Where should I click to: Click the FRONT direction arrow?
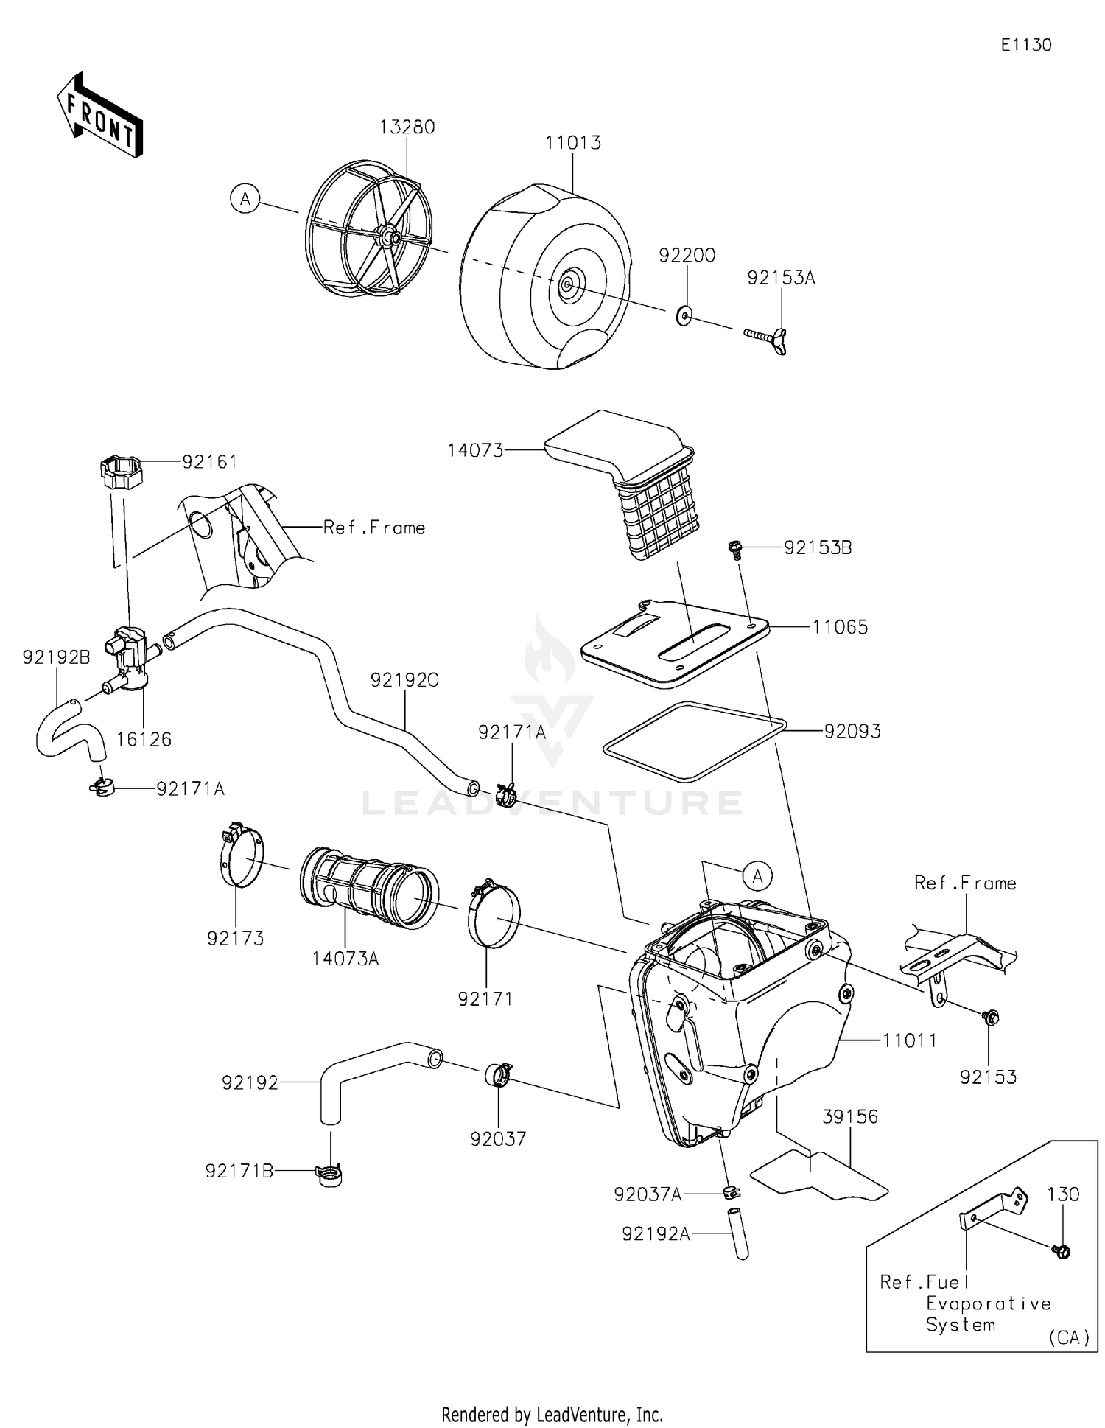99,116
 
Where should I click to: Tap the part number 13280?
407,127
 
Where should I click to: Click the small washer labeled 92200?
684,316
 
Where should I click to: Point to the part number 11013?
573,142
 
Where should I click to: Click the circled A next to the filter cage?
245,199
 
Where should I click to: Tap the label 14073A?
345,958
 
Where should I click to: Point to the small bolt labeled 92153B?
734,548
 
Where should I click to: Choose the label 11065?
840,627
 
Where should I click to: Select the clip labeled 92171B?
329,1173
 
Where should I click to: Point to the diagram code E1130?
1025,45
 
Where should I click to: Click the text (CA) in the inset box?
1069,1337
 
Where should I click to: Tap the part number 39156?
850,1116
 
